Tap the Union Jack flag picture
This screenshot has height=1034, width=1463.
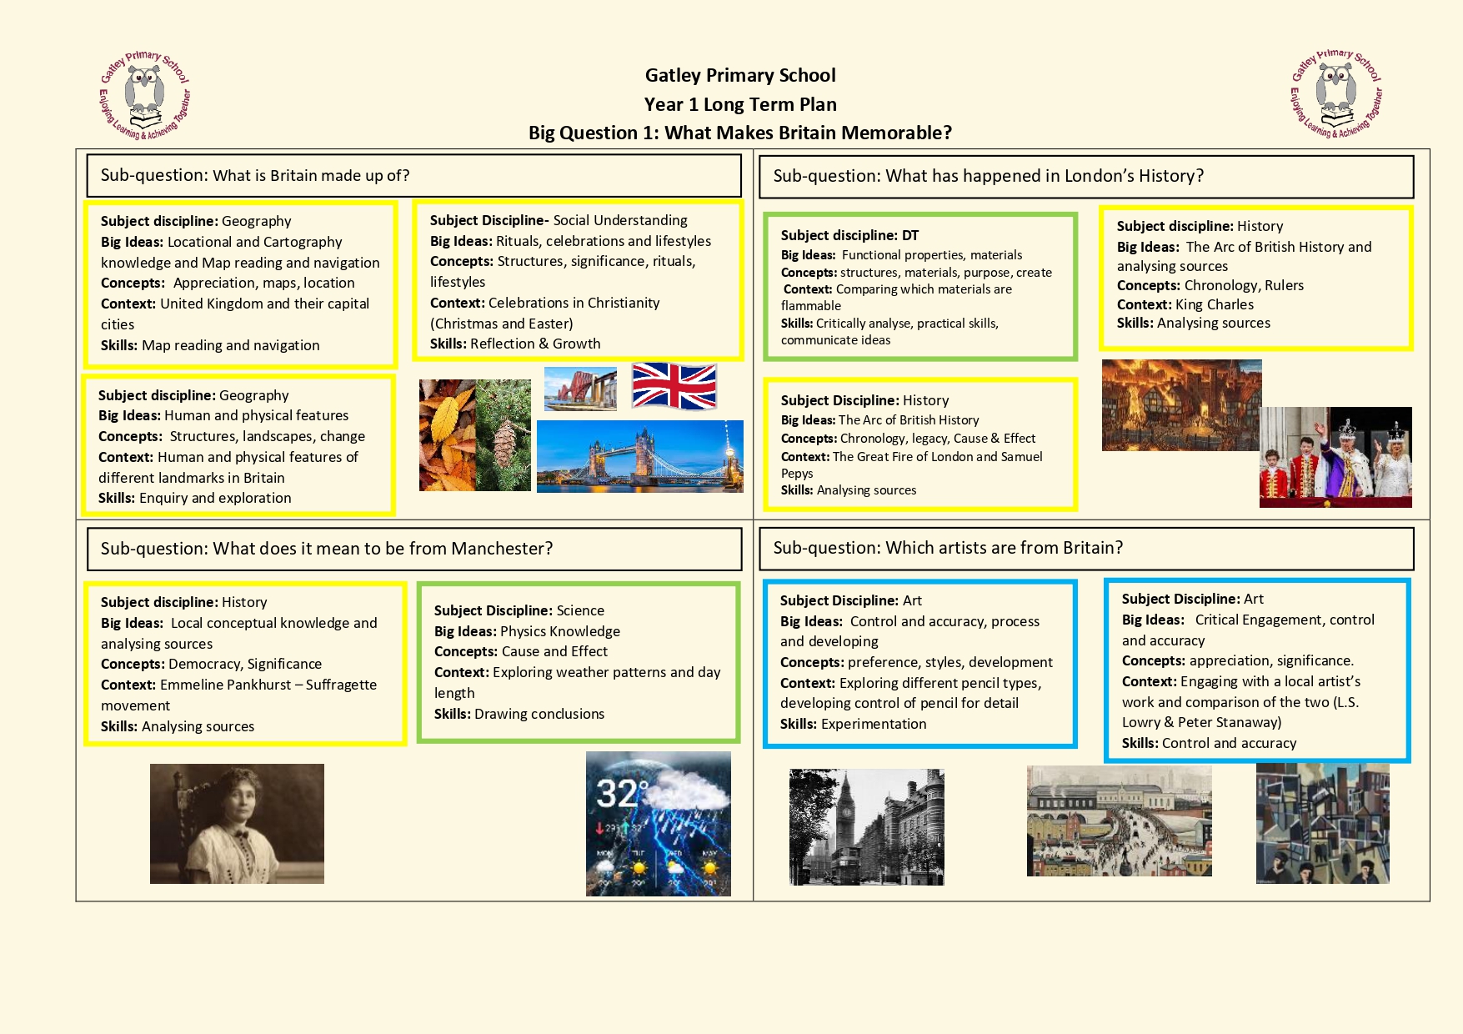[674, 386]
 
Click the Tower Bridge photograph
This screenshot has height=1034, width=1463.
[639, 456]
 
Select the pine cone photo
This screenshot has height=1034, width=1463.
[504, 435]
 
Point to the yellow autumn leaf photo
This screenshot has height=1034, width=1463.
[448, 435]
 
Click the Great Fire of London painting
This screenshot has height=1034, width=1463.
[1180, 405]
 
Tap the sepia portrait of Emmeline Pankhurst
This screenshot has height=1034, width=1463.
[237, 823]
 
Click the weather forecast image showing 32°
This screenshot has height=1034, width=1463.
[658, 823]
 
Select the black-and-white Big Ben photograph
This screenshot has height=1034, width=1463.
[866, 826]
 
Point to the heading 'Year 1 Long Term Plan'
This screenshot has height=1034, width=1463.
[740, 104]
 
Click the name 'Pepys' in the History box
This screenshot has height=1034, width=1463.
[797, 474]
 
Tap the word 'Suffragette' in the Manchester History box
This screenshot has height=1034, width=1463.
[341, 685]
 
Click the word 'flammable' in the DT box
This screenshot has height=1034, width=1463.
[811, 306]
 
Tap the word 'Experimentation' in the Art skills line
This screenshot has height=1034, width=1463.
[874, 724]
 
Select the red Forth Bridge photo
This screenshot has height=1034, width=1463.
[580, 389]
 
